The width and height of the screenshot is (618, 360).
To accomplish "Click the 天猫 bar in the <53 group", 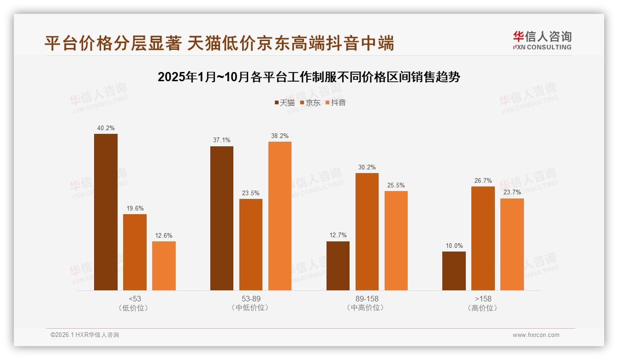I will [x=106, y=212].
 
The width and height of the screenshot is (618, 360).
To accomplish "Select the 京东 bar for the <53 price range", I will [x=135, y=252].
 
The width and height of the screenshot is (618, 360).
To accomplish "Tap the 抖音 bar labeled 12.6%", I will [x=164, y=265].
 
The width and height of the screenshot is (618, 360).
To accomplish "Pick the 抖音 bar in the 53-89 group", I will [x=280, y=216].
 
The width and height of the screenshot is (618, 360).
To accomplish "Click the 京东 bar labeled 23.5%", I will [x=251, y=244].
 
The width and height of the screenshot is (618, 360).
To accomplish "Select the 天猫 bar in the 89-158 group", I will [x=338, y=265].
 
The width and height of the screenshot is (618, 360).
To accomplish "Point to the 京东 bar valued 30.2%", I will [x=367, y=231].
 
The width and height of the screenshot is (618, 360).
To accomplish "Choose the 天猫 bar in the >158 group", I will [x=454, y=270].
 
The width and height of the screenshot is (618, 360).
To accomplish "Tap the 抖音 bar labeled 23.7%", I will [x=512, y=244].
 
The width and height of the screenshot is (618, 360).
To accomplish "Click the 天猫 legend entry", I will [x=284, y=102].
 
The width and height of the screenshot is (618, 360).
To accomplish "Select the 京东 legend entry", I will [x=310, y=102].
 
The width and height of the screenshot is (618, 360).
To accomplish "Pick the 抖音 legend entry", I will [x=335, y=102].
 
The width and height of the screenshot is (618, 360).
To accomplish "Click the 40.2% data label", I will [x=106, y=128].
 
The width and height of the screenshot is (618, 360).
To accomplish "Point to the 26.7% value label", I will [x=483, y=180].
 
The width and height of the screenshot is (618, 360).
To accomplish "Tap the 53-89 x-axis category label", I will [x=251, y=299].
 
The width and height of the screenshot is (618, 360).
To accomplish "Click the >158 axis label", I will [x=483, y=299].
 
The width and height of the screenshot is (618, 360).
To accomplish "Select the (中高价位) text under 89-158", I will [x=367, y=308].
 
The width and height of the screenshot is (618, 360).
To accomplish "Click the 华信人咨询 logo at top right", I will [x=542, y=40].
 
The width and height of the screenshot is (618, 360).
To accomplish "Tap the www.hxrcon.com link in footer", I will [x=536, y=335].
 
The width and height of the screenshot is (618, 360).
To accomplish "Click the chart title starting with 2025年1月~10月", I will [x=309, y=77].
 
